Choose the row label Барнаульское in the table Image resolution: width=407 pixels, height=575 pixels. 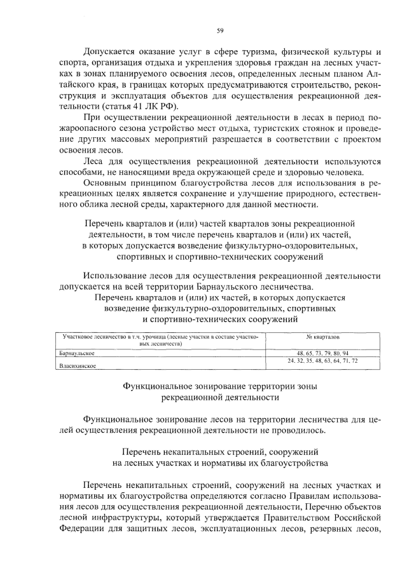[76, 353]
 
